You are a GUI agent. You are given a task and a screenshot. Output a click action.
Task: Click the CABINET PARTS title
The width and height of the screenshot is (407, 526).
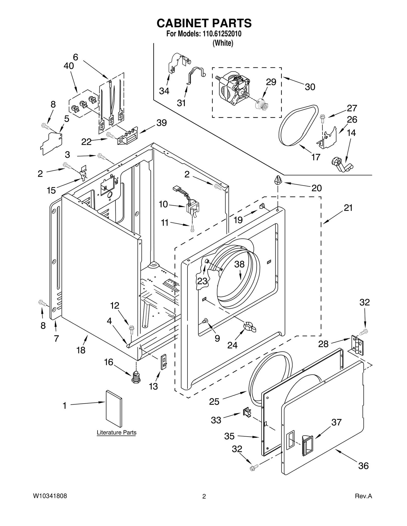pyautogui.click(x=204, y=23)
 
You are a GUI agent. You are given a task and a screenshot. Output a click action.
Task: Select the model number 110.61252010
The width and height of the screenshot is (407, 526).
pyautogui.click(x=222, y=34)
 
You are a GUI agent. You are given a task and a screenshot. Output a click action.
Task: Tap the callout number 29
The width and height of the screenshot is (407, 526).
pyautogui.click(x=271, y=82)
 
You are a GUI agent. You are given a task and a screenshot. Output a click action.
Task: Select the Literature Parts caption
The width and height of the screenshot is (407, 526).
pyautogui.click(x=117, y=432)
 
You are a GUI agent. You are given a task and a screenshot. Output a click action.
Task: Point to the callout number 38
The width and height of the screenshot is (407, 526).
pyautogui.click(x=239, y=264)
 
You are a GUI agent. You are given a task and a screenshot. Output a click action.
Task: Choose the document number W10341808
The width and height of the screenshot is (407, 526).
pyautogui.click(x=50, y=496)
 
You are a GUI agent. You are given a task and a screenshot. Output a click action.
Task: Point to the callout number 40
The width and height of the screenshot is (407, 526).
pyautogui.click(x=69, y=66)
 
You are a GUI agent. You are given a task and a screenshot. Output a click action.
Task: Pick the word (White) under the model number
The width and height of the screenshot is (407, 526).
pyautogui.click(x=223, y=43)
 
